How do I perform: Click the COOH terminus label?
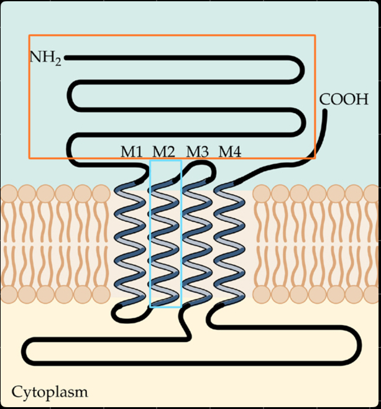[344, 99]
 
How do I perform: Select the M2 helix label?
[165, 151]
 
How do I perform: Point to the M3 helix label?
[197, 151]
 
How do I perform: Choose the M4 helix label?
[229, 151]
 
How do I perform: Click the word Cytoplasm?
[50, 392]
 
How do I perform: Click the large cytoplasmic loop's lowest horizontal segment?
[186, 361]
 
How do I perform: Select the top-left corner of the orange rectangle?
[29, 35]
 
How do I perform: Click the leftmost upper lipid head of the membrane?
[8, 194]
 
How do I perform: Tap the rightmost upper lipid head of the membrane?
[372, 194]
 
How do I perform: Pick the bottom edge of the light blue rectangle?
[165, 306]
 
